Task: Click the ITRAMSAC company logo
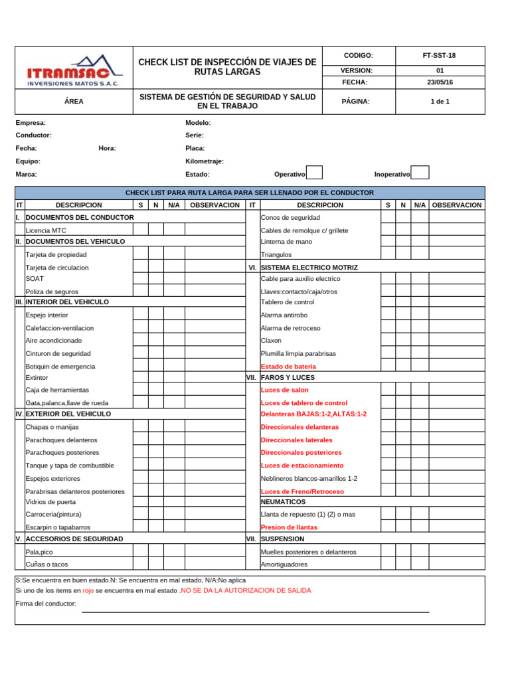[x=74, y=69]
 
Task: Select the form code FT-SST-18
[x=439, y=56]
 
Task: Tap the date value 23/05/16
[x=439, y=82]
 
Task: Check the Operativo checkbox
[x=314, y=173]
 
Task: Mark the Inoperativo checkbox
[x=420, y=173]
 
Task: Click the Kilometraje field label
[x=205, y=161]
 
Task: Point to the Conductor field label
[x=33, y=135]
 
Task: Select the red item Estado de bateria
[x=288, y=367]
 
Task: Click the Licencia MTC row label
[x=46, y=230]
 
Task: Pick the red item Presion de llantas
[x=289, y=527]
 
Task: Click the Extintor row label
[x=37, y=378]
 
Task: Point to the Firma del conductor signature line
[x=255, y=611]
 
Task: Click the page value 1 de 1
[x=439, y=102]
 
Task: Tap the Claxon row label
[x=271, y=341]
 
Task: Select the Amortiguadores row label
[x=284, y=564]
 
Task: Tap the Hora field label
[x=107, y=149]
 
